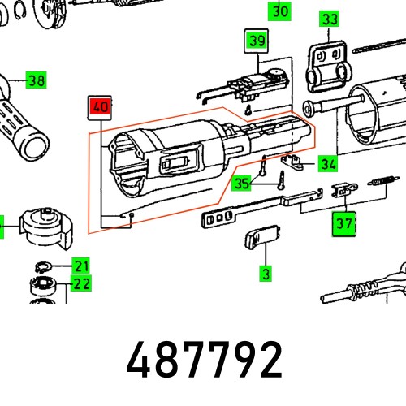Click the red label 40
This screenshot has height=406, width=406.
100,106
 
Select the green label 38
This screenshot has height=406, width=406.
36,80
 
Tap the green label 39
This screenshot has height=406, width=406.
257,41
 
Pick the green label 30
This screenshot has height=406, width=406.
279,11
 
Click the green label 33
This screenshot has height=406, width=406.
328,19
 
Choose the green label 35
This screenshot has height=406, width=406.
242,184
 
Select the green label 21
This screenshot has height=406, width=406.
80,266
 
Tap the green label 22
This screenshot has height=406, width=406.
80,283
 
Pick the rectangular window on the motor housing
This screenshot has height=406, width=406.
174,164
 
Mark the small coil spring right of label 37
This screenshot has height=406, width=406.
382,182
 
